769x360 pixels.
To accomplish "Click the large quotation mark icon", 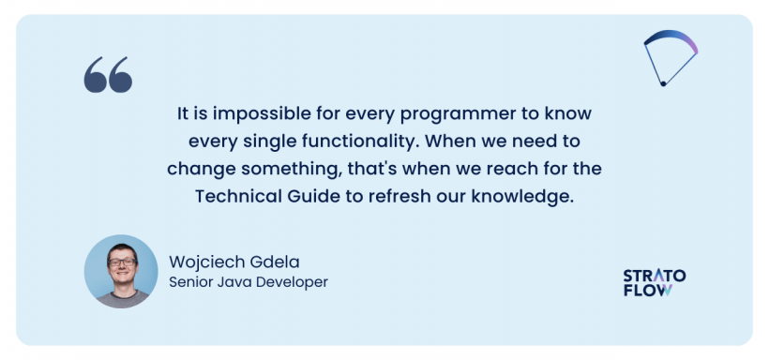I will click(108, 75).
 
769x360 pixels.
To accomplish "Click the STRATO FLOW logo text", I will click(654, 282).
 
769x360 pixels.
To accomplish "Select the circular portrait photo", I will click(121, 272).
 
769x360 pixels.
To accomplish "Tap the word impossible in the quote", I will click(251, 113).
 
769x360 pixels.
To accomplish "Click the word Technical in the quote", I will click(234, 197).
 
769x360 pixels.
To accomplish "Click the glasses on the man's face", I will click(123, 262).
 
